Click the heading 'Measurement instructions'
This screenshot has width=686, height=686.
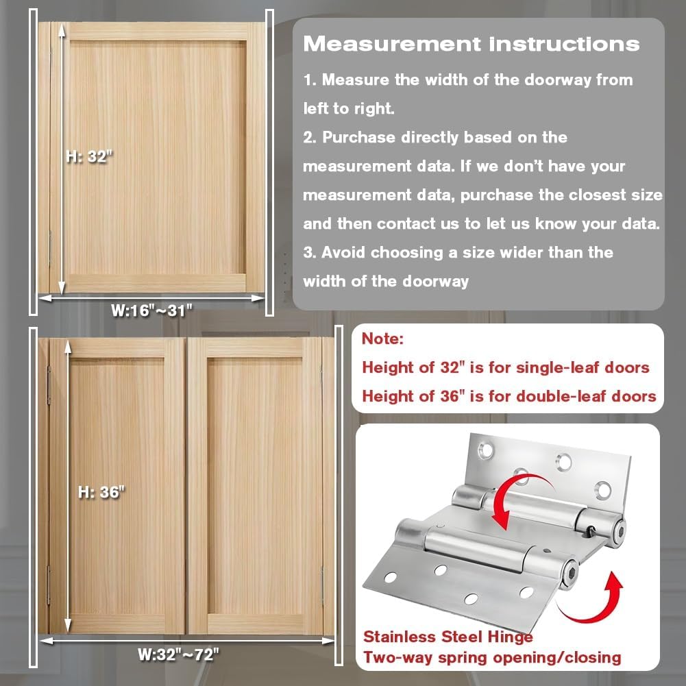[x=471, y=44]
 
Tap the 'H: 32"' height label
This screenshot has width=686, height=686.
[x=89, y=156]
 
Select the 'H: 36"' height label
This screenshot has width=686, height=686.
[x=101, y=492]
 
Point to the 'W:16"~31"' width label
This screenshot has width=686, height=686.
[x=151, y=310]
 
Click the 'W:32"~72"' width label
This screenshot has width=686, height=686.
[x=178, y=654]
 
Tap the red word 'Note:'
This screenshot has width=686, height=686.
[x=383, y=339]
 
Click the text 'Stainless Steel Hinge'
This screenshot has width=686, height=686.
[x=448, y=637]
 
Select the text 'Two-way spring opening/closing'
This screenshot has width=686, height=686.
[x=492, y=658]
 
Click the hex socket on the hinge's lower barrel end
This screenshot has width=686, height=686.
[x=570, y=573]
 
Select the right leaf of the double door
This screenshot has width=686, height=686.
[x=255, y=486]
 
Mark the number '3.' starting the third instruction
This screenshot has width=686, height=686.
[x=309, y=252]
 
